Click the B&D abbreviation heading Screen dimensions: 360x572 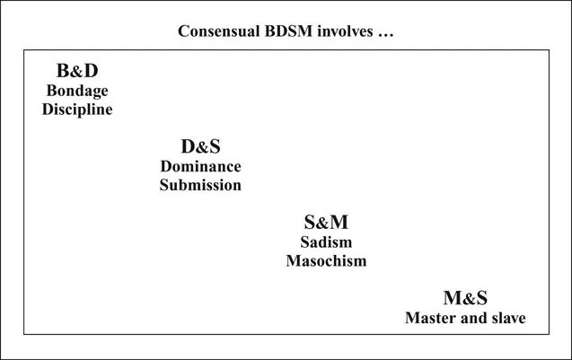pos(77,71)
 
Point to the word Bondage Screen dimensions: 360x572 pos(77,91)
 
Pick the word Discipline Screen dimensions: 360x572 pos(77,109)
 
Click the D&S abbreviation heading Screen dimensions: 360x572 pos(200,146)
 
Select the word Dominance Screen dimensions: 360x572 pos(200,166)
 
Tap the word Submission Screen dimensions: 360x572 pos(200,185)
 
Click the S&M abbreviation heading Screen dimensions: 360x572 pos(326,222)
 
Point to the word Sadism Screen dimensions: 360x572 pos(326,242)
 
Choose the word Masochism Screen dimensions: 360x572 pos(326,260)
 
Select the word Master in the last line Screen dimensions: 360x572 pos(430,318)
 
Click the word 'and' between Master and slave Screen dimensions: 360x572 pos(471,318)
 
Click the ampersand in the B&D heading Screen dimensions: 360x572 pos(77,71)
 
